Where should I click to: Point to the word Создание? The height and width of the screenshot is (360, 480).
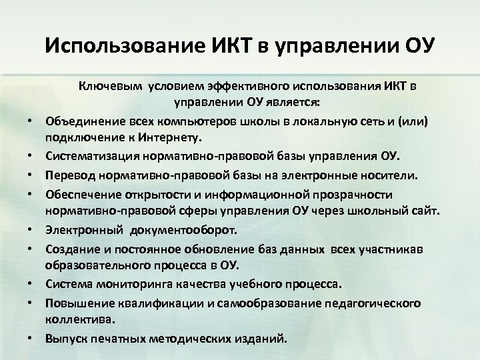coord(69,249)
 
